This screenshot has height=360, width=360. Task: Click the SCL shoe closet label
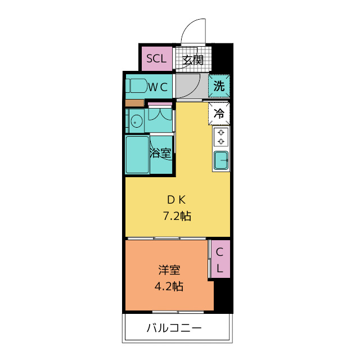click(156, 58)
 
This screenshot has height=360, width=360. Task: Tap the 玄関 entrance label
click(193, 60)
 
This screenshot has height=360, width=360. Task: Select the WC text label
click(158, 87)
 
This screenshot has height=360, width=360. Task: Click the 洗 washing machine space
click(219, 86)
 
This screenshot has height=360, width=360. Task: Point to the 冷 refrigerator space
click(219, 114)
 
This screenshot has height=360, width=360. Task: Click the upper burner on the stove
click(221, 133)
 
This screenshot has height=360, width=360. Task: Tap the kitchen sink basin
click(221, 160)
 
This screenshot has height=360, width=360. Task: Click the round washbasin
click(136, 121)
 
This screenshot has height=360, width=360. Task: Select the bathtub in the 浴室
click(137, 155)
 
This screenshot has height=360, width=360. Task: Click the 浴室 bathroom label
click(160, 152)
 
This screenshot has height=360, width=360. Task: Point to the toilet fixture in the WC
click(136, 86)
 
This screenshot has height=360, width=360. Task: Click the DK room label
click(176, 200)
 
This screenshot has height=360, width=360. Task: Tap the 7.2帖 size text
click(177, 216)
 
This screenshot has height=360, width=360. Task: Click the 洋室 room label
click(169, 270)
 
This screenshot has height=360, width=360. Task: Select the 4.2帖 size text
click(169, 286)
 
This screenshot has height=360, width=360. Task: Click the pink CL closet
click(220, 259)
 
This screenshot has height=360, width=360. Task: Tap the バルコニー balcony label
click(174, 328)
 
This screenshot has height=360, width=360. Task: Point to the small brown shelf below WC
click(135, 103)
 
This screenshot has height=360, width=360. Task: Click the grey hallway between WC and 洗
click(192, 86)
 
